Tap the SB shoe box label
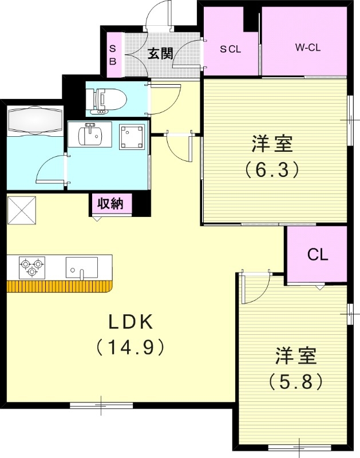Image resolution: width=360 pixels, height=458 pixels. [113, 55]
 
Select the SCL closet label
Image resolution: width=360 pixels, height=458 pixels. [231, 49]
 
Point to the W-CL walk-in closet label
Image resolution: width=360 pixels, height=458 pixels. [307, 48]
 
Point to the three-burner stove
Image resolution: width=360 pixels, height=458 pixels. [31, 264]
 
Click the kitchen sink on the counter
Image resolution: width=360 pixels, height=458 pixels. [81, 267]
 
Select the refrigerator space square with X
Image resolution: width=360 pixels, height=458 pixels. [22, 210]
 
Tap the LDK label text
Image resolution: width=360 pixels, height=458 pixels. [131, 322]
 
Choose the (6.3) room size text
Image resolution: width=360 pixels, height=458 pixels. [272, 169]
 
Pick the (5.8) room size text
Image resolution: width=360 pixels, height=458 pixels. [295, 380]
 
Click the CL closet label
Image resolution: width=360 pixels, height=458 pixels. [318, 255]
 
